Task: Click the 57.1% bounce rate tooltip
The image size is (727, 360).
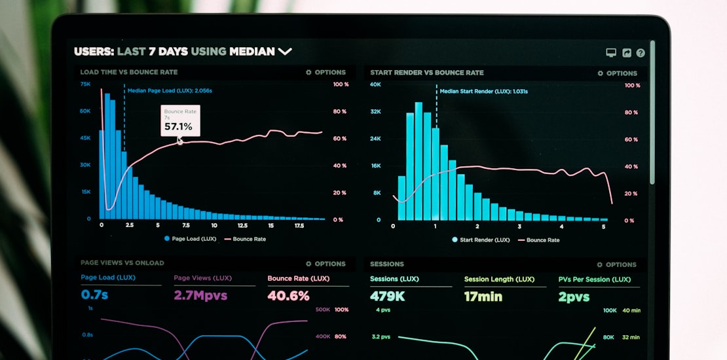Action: [180, 121]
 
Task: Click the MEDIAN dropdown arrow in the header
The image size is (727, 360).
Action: [285, 51]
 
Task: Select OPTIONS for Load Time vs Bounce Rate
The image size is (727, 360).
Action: [326, 73]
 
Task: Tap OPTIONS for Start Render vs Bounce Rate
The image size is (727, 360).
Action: [617, 73]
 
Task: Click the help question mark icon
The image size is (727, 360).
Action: [641, 53]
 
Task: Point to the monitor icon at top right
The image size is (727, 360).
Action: [611, 53]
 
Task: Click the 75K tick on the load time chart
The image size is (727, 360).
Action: [86, 84]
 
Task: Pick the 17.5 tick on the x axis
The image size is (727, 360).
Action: [299, 225]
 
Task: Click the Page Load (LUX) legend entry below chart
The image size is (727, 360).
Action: [190, 239]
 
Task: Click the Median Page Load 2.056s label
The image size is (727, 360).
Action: [170, 91]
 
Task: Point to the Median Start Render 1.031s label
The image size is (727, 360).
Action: [483, 92]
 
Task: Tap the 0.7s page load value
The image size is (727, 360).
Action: [94, 295]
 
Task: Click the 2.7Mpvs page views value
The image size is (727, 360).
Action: [200, 295]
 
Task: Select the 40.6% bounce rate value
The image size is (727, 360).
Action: [288, 296]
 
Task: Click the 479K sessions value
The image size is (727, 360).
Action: [387, 297]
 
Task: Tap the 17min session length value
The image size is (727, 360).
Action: [483, 297]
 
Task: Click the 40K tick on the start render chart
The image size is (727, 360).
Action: [375, 84]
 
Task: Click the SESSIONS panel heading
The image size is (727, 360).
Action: [387, 264]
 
